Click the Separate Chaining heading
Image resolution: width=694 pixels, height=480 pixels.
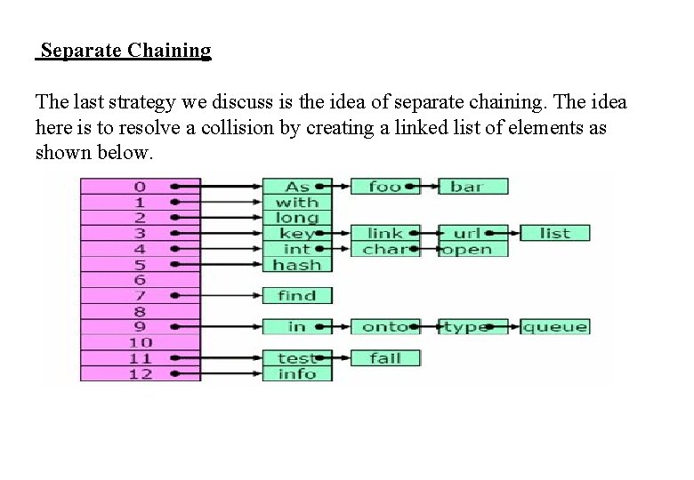click(x=125, y=51)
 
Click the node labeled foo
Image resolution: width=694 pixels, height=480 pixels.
click(x=384, y=187)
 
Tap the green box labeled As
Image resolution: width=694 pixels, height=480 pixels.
click(x=297, y=187)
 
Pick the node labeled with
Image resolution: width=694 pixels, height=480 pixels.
click(x=297, y=203)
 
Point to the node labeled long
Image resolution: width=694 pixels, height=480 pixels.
click(x=297, y=218)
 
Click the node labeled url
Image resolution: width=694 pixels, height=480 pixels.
click(x=472, y=234)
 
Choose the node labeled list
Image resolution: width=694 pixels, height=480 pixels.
click(x=554, y=234)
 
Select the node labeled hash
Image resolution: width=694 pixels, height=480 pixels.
click(x=297, y=265)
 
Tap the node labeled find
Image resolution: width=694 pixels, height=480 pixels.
click(x=297, y=296)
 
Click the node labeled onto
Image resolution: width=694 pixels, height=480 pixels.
click(x=384, y=327)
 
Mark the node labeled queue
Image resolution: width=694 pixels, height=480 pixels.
click(x=554, y=327)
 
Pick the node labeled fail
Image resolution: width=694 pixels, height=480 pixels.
click(x=384, y=358)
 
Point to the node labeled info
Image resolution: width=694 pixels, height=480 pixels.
click(x=297, y=373)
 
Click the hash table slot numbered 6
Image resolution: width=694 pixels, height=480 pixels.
click(x=141, y=280)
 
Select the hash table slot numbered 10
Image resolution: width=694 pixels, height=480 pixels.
click(x=141, y=342)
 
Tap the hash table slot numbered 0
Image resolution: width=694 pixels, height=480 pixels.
click(x=141, y=187)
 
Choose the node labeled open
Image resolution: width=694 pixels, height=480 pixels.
click(x=472, y=250)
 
